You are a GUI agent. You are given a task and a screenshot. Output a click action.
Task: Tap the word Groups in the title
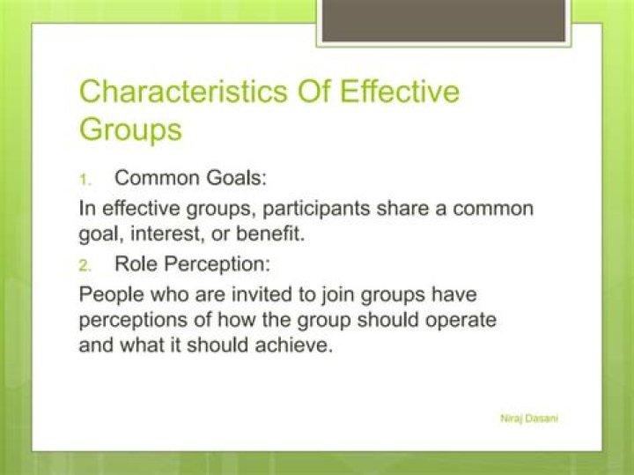130,130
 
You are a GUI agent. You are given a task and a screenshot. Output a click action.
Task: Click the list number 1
85,179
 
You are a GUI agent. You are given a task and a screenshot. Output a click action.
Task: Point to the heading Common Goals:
190,177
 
